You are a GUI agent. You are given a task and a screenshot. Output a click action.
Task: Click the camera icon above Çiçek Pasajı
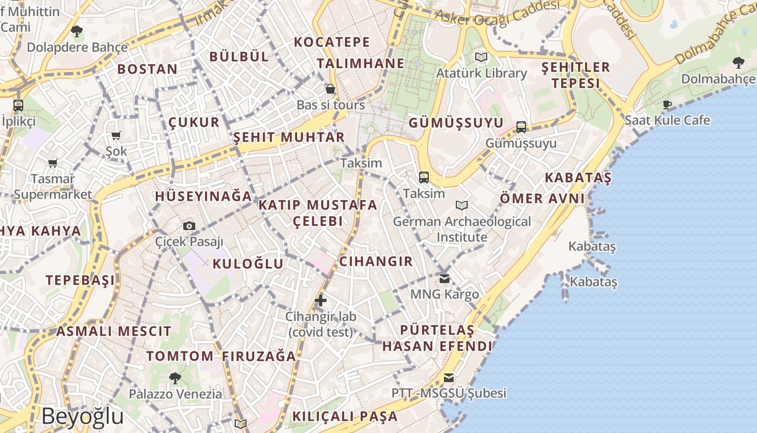[x=189, y=226]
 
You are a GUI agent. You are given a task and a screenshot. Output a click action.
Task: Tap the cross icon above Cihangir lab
[x=321, y=300]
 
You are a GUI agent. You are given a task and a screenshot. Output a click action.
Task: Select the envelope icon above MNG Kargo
[x=444, y=279]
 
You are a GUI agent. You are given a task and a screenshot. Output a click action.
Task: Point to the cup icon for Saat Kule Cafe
[x=667, y=104]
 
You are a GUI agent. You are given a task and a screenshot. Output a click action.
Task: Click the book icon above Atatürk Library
[x=481, y=57]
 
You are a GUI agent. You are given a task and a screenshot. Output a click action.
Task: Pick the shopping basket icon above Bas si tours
[x=330, y=89]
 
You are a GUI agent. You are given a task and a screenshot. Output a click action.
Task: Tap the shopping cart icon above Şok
[x=116, y=135]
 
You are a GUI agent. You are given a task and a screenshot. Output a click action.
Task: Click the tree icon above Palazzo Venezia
[x=175, y=378]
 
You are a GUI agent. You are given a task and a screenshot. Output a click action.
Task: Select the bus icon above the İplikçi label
[x=18, y=105]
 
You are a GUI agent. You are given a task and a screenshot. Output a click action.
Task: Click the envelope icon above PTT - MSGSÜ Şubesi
[x=449, y=377]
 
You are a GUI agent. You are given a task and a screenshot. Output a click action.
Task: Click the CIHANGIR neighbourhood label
[x=376, y=261]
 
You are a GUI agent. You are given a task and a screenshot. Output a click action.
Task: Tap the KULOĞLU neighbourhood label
[x=248, y=264]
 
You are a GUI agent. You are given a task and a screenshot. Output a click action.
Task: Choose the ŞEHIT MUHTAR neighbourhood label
[x=289, y=137]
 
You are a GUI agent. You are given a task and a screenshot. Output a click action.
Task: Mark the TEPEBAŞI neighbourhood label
[x=80, y=280]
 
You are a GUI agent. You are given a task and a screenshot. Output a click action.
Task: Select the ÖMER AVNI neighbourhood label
[x=542, y=198]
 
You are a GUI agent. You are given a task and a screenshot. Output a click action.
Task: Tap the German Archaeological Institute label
[x=462, y=229]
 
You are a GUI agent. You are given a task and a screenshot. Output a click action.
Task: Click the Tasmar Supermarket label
[x=53, y=186]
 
